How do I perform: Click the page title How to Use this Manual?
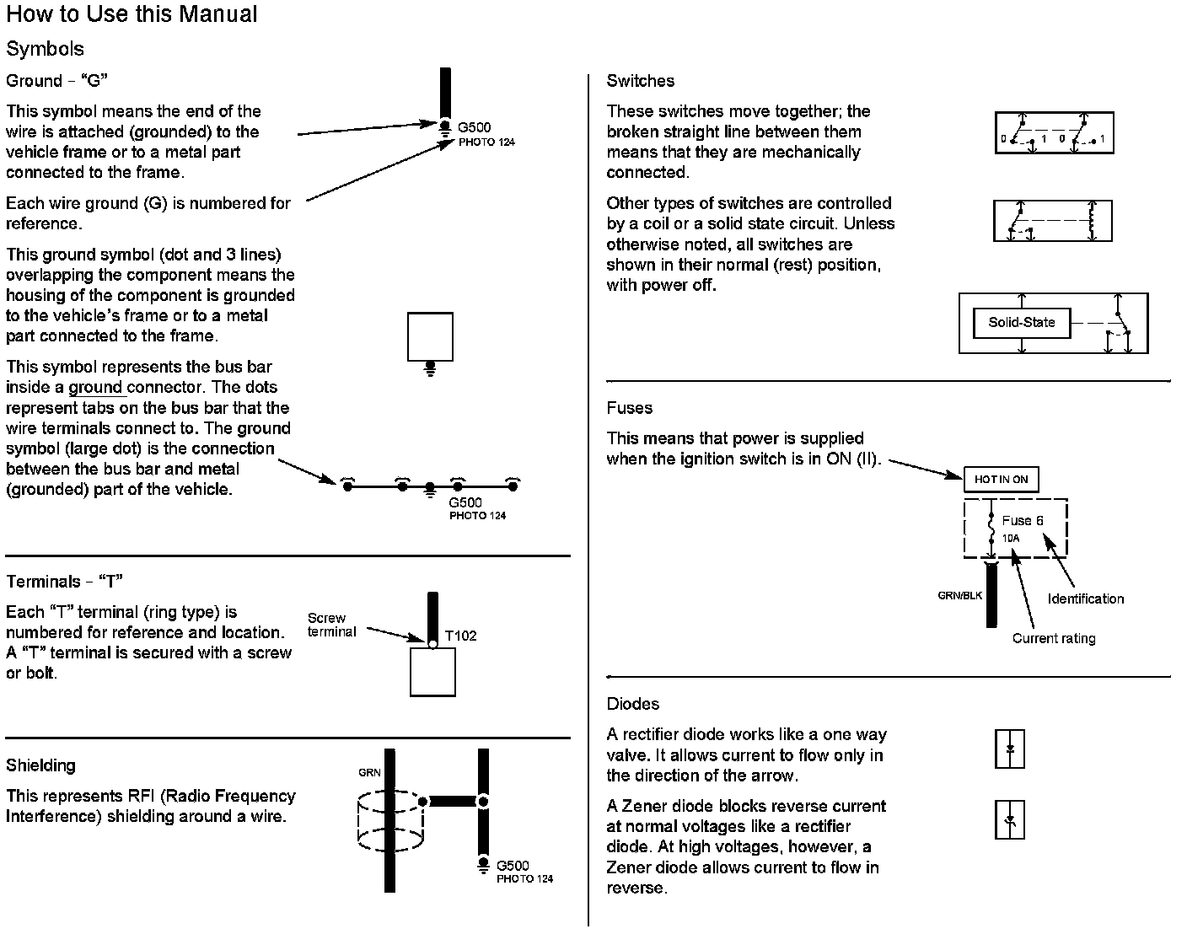point(132,14)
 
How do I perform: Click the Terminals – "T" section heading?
point(65,582)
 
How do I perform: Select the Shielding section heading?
point(40,765)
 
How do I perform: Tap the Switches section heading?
point(641,81)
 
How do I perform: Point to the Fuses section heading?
point(630,408)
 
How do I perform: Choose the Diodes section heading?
point(633,704)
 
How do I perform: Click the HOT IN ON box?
point(1001,480)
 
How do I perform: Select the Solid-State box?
point(1021,322)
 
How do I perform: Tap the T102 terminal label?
point(460,636)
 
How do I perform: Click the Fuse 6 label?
point(1022,521)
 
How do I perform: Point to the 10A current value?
point(1011,538)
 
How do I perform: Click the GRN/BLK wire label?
point(959,596)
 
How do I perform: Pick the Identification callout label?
point(1085,599)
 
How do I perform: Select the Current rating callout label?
point(1054,638)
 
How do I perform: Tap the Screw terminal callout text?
point(331,625)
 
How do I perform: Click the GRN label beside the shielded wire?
point(369,772)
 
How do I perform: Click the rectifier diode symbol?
point(1010,749)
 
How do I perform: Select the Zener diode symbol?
point(1010,819)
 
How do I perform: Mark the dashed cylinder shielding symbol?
point(389,821)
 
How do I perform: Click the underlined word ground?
point(96,388)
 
